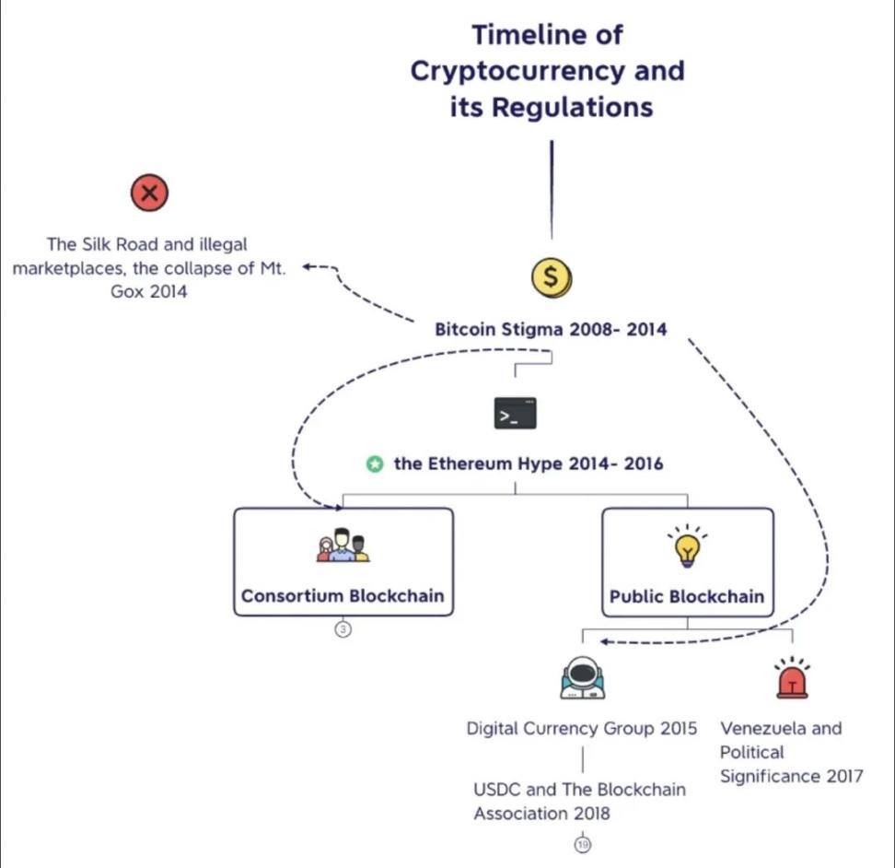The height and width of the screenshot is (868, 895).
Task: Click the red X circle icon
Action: (150, 194)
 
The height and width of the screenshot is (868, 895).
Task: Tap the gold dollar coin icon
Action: (551, 276)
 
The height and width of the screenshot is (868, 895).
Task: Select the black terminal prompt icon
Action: (515, 414)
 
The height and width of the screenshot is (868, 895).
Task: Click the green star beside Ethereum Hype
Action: (375, 464)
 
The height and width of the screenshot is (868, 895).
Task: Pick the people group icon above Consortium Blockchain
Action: (343, 545)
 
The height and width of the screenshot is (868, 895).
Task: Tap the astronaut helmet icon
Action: (582, 679)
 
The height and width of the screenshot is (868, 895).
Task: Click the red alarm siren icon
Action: (792, 679)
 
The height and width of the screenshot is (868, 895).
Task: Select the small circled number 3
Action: (343, 629)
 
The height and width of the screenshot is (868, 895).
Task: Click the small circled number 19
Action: (582, 844)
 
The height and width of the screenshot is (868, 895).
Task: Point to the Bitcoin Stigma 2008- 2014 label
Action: (551, 329)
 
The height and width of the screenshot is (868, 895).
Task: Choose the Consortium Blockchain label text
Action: (343, 596)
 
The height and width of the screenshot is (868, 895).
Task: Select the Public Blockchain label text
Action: (687, 597)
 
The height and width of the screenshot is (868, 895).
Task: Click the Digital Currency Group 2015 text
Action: (581, 729)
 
